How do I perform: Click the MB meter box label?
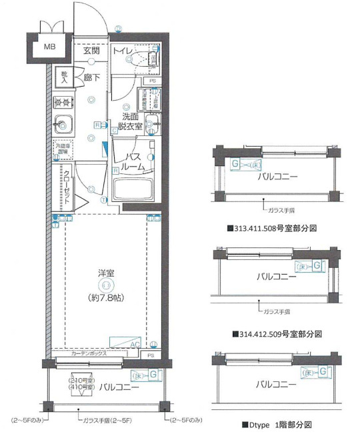[50, 47]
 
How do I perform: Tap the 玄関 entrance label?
[91, 51]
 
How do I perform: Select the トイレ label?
[121, 51]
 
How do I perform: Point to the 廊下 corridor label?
[92, 78]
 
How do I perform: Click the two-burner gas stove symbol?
[63, 103]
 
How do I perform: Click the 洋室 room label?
[105, 273]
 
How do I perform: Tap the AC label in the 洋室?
[135, 344]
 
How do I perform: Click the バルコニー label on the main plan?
[120, 387]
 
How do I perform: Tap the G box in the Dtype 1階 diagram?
[323, 371]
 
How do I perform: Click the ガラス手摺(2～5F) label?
[106, 421]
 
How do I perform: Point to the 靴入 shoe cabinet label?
[65, 77]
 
